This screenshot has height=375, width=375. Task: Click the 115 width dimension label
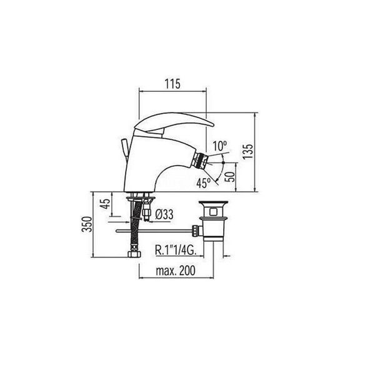coord(172,84)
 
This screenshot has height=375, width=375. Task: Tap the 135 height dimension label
coord(248,151)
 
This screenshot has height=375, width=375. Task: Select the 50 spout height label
coord(230,177)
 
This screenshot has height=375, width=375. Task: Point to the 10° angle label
coord(220,146)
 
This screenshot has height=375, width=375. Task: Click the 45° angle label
coord(204,183)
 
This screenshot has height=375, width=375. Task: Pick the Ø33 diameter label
coord(164,214)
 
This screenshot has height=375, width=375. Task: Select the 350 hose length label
coord(87,224)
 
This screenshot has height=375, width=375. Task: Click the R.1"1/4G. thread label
coord(176,251)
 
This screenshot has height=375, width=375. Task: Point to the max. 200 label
coord(176,271)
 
